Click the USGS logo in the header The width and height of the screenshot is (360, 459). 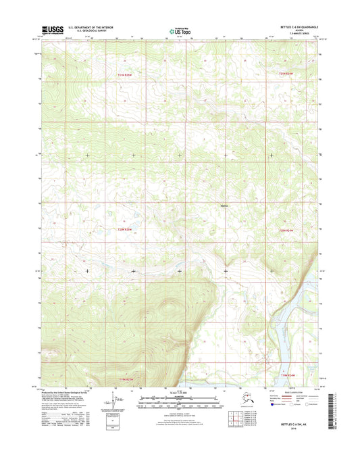click(x=51, y=29)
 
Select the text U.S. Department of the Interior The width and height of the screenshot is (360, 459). click(x=91, y=27)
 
